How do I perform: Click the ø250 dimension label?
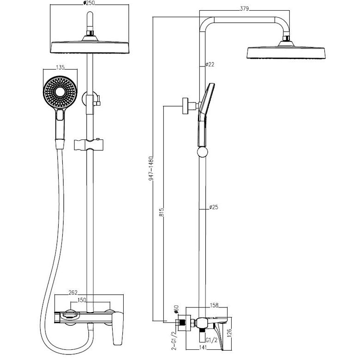tap(89, 3)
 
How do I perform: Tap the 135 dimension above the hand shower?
tap(60, 67)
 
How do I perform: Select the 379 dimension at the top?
tap(244, 9)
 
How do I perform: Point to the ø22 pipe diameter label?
tap(210, 65)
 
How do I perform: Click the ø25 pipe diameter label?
tap(214, 207)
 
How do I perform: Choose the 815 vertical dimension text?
tap(162, 212)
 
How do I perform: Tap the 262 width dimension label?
tap(73, 293)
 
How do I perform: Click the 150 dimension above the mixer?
tap(82, 300)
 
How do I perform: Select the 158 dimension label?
tap(214, 305)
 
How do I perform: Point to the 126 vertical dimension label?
tap(229, 333)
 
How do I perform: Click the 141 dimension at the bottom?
tap(202, 348)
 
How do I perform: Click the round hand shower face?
tap(60, 92)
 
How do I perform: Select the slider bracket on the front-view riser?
tap(89, 144)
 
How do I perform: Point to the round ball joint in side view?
tap(202, 152)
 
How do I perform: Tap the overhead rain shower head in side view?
tap(286, 50)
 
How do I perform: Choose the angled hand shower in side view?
tap(204, 115)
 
